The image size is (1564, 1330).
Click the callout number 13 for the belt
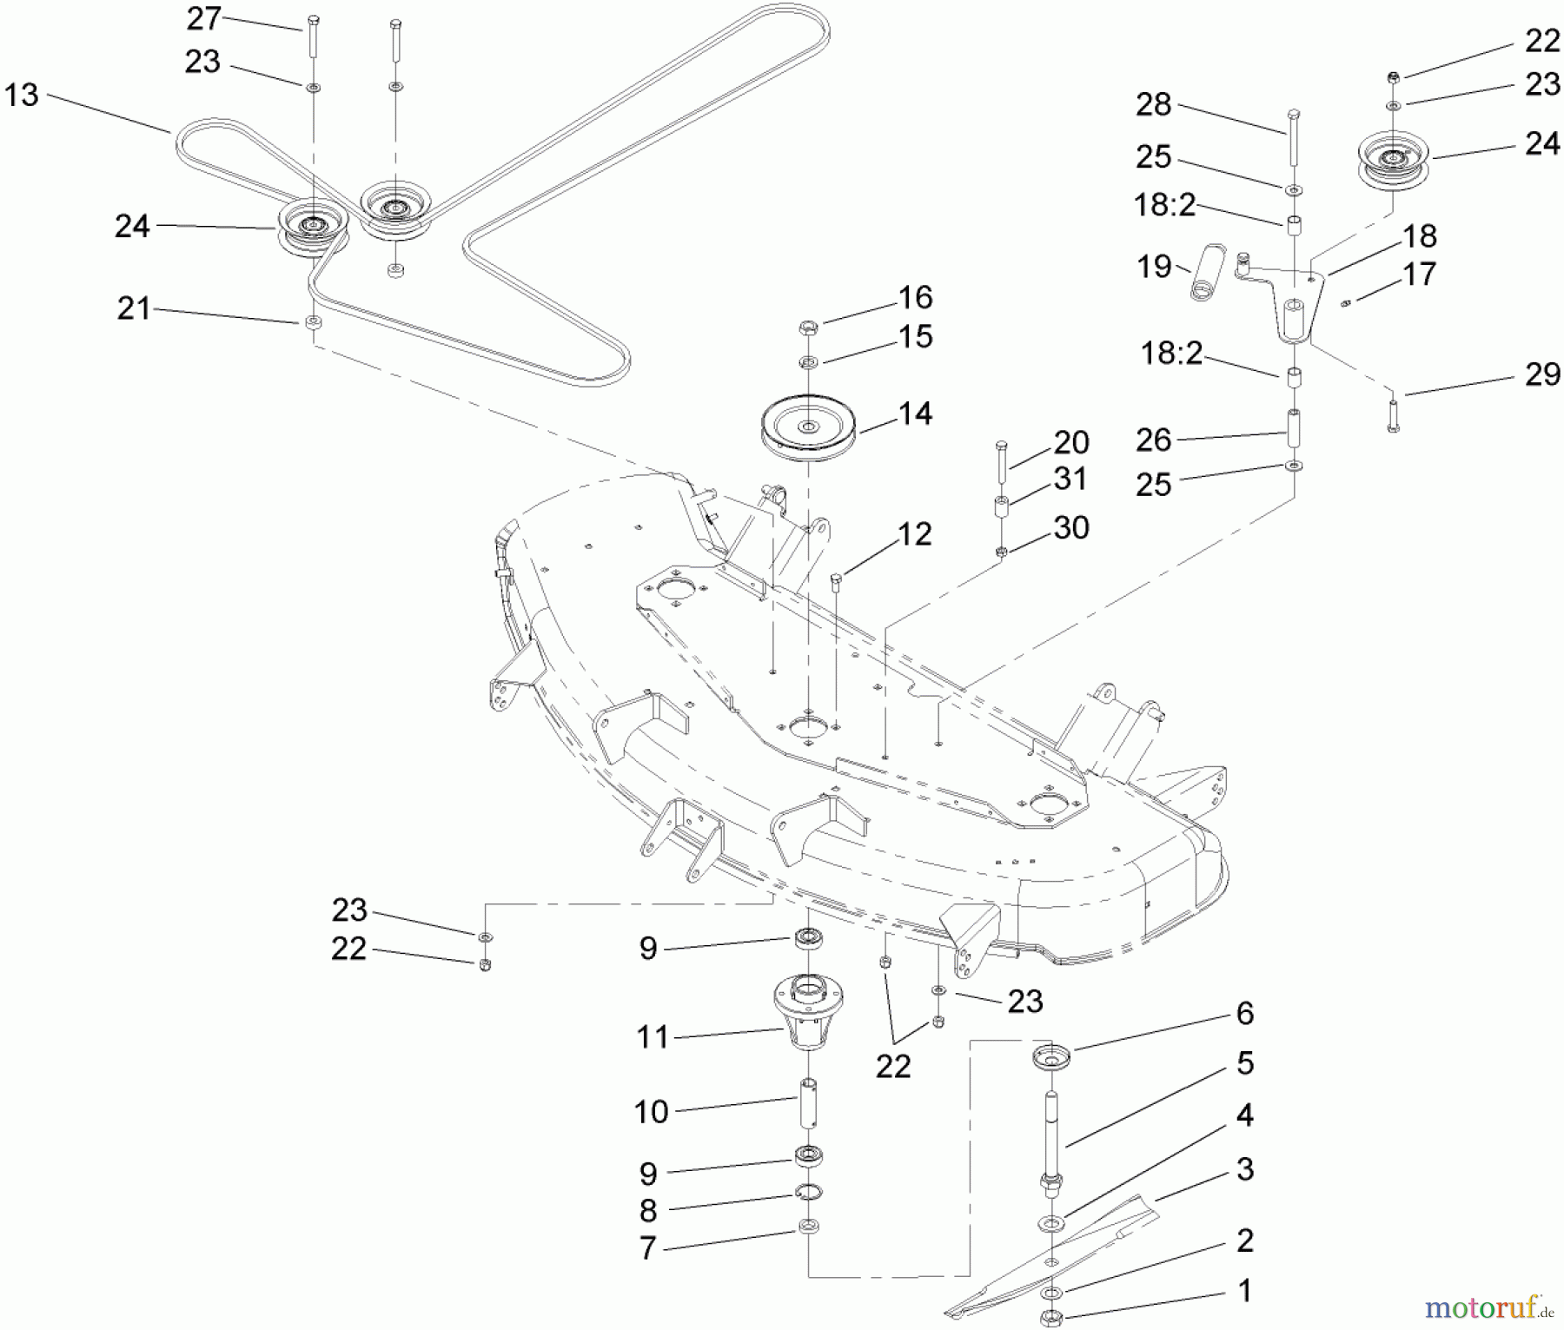coord(22,95)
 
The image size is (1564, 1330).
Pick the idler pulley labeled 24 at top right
coord(1392,163)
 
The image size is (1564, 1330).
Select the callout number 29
coord(1542,374)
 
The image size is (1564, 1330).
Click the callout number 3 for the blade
coord(1244,1168)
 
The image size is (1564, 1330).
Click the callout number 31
coord(1070,479)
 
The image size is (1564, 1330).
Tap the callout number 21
coord(134,308)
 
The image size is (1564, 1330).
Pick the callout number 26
coord(1154,440)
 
